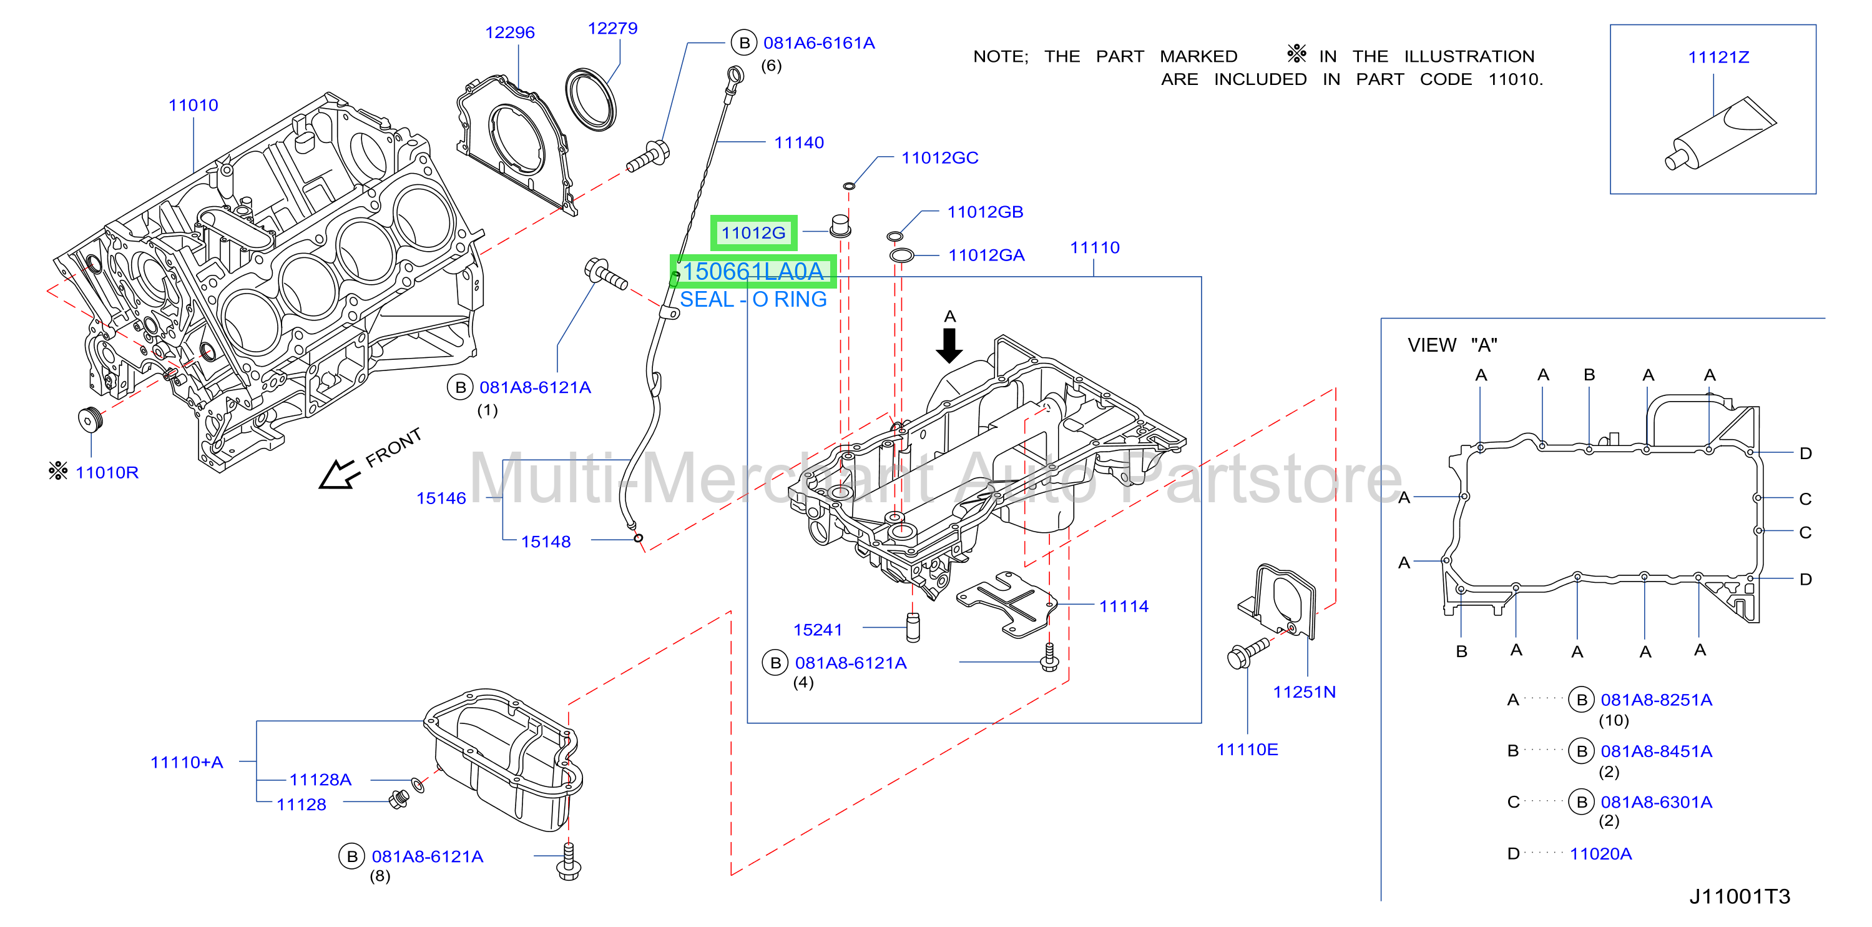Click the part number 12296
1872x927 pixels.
pos(509,32)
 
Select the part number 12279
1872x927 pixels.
pos(612,28)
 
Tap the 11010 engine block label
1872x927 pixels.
pos(194,106)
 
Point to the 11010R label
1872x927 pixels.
pos(107,473)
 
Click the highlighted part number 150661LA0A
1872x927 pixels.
pos(753,271)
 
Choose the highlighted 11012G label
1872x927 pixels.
pos(753,232)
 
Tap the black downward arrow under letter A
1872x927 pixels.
pos(949,345)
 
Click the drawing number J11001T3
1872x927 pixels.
pos(1740,896)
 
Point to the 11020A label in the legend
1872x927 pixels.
pos(1601,853)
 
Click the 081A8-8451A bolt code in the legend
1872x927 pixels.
pos(1656,751)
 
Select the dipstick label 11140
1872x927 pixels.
pos(800,142)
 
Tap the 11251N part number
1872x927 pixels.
pos(1305,692)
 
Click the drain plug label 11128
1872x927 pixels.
pos(301,805)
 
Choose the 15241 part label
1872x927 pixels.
pos(818,630)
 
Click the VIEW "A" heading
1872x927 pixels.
pos(1453,345)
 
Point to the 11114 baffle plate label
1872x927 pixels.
pos(1124,607)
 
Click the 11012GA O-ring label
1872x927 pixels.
pos(986,255)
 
